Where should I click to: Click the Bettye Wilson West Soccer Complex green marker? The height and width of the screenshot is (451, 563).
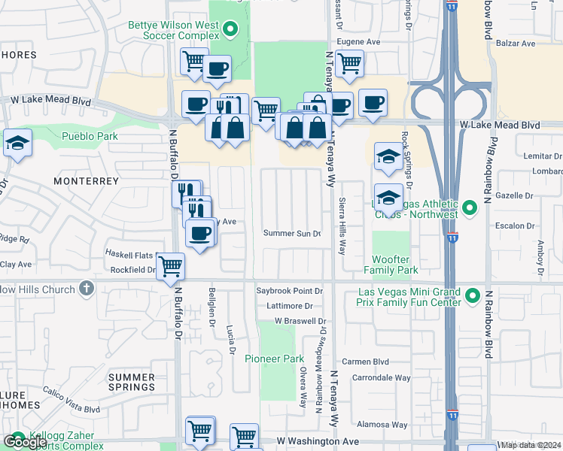point(231,30)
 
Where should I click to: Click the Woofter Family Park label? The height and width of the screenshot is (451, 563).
point(391,264)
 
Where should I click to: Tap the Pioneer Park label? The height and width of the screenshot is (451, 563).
point(274,359)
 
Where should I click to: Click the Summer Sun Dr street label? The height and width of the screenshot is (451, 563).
point(292,234)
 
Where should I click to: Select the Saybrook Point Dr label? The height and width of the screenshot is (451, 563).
point(289,290)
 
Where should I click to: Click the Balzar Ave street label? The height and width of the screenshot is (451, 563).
point(516,44)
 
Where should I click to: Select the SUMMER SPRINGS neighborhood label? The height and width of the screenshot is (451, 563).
point(132,382)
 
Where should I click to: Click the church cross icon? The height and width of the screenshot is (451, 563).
point(87,288)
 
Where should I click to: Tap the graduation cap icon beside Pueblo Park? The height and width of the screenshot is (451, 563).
point(17,143)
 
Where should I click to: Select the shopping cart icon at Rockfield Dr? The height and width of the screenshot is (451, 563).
point(171,265)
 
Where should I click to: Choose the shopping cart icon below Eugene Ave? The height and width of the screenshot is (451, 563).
point(349,64)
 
